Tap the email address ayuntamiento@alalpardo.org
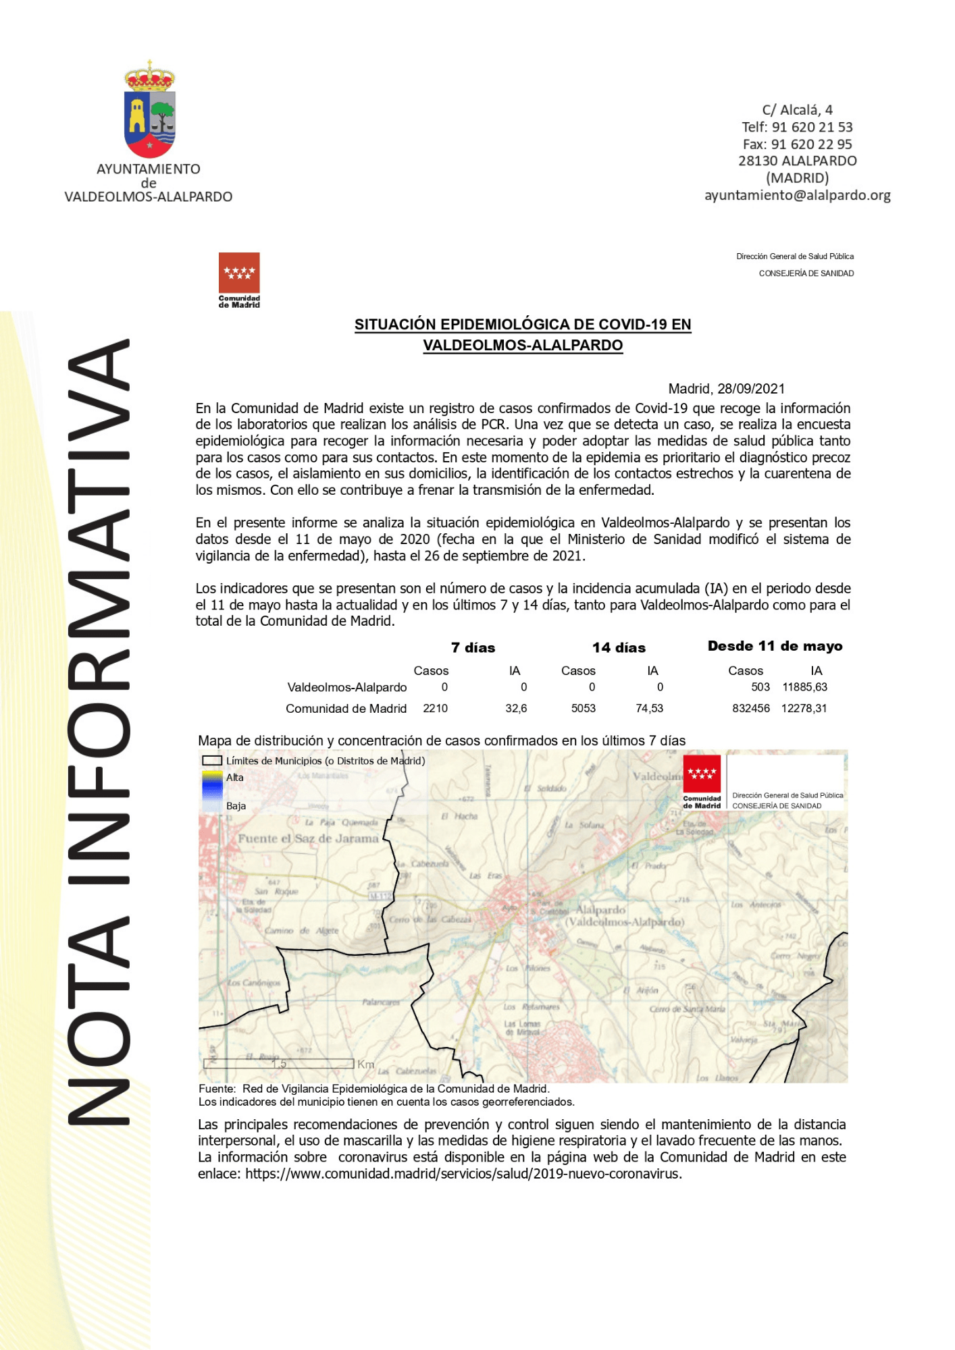pos(797,196)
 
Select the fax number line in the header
pos(797,144)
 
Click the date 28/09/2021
pos(751,389)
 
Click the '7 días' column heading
pos(473,648)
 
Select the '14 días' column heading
pos(619,648)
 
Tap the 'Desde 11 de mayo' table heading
pos(775,646)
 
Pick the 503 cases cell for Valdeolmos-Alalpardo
pos(760,687)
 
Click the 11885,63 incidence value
pos(804,687)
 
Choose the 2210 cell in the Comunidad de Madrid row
pos(435,708)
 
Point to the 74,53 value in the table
pos(649,708)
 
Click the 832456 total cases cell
pos(751,708)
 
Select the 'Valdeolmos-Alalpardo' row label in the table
pos(346,687)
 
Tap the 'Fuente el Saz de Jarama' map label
pos(308,838)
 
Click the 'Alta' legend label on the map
pos(235,778)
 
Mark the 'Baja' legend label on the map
pos(236,806)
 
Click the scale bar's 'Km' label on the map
pos(365,1064)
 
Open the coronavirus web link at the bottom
pos(463,1174)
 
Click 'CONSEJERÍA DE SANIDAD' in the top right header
pos(806,273)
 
